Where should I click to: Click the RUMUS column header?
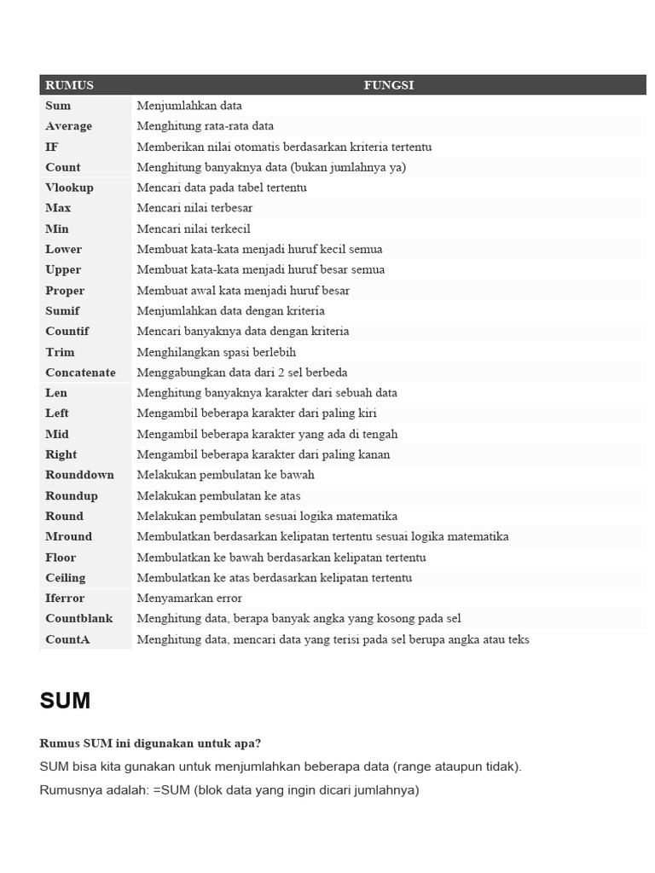coord(69,85)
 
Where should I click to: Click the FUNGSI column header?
coord(388,85)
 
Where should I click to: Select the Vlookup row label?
coord(69,188)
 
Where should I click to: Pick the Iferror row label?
coord(65,598)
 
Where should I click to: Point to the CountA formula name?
coord(67,639)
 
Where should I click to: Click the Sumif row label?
coord(62,310)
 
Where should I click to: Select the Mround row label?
coord(68,536)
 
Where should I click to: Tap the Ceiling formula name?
coord(66,577)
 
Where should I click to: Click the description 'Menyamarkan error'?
coord(189,598)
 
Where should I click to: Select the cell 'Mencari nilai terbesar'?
coord(194,208)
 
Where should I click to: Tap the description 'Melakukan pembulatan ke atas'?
coord(218,495)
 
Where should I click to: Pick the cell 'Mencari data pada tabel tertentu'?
coord(222,188)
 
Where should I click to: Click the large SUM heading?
coord(65,701)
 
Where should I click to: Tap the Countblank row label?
coord(79,618)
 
